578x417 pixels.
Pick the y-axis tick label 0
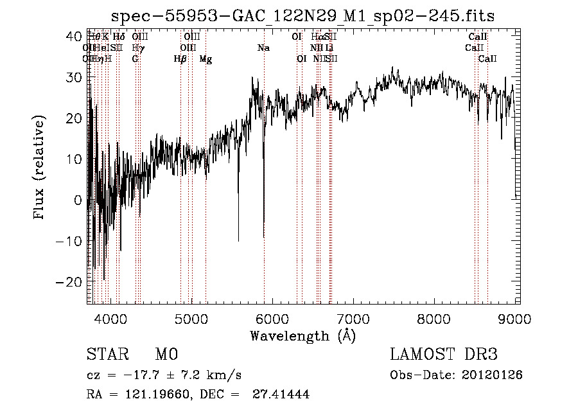coord(78,200)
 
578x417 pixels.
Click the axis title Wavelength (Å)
coord(302,335)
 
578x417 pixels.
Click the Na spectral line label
coord(263,48)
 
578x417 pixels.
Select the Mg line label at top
coord(206,59)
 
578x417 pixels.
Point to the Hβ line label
coord(180,59)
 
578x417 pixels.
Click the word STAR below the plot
coord(107,355)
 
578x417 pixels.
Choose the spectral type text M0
coord(166,355)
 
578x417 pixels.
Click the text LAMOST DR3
coord(444,355)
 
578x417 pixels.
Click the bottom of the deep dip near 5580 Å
coord(239,240)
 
